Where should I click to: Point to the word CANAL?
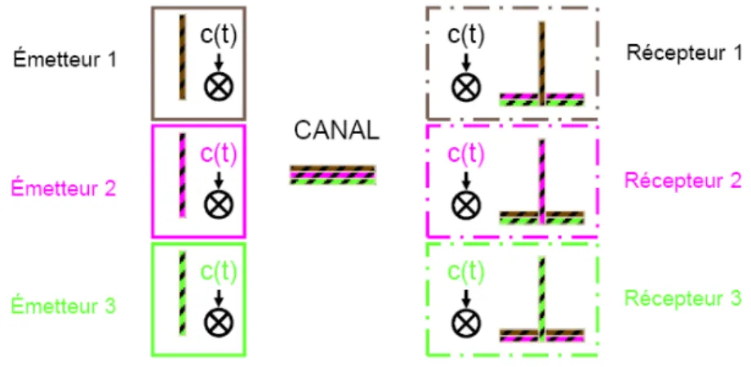tap(336, 132)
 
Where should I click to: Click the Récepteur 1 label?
tap(683, 52)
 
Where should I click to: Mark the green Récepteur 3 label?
tap(683, 298)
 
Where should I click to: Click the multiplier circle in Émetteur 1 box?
tap(219, 87)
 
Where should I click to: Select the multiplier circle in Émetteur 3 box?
tap(219, 322)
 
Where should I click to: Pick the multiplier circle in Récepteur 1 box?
tap(466, 87)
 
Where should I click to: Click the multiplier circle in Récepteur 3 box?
tap(466, 322)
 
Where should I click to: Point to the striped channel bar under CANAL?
tap(333, 175)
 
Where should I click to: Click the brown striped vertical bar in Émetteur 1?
tap(183, 57)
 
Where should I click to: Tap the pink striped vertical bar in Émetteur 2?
tap(183, 175)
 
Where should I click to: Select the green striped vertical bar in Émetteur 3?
tap(183, 293)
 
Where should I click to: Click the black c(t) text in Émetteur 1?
tap(219, 38)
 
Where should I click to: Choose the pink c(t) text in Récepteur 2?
tap(466, 155)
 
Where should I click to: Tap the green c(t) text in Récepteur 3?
tap(466, 272)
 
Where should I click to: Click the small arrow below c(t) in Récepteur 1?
tap(466, 61)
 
